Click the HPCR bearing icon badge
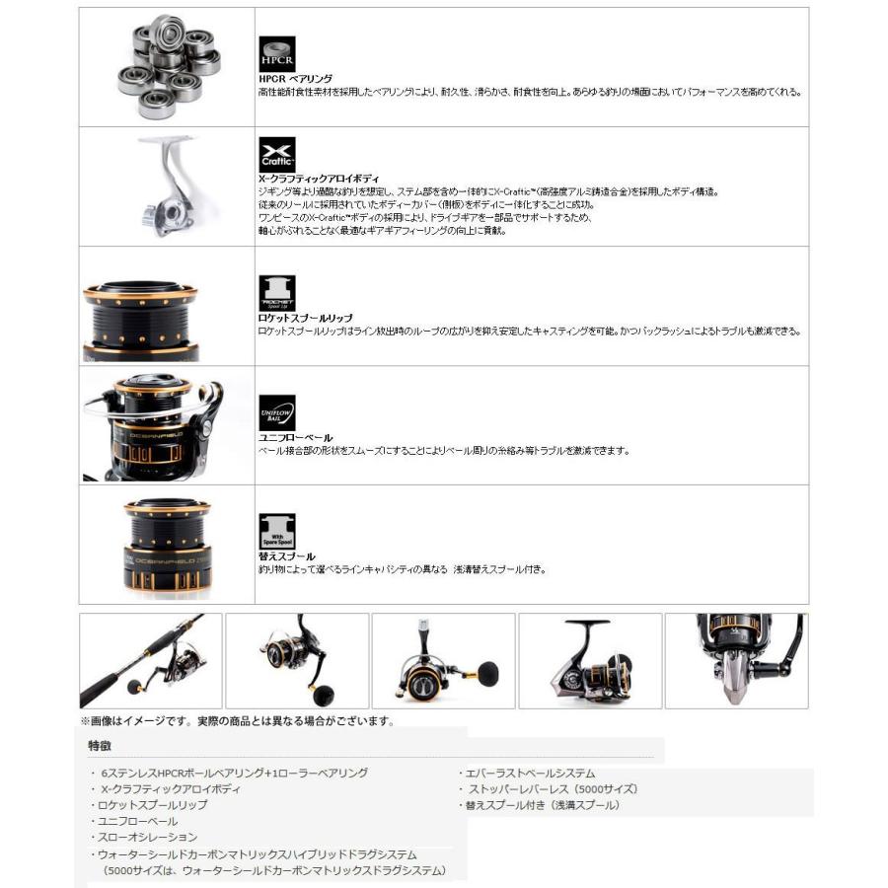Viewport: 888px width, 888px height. tap(277, 51)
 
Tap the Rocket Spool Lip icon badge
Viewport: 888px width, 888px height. tap(277, 293)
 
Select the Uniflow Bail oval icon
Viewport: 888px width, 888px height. tap(277, 412)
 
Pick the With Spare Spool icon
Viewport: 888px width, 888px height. tap(277, 532)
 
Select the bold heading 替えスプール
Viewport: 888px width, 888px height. tap(286, 556)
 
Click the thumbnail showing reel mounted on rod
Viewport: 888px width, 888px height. tap(150, 660)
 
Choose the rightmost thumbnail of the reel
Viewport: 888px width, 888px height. tap(736, 660)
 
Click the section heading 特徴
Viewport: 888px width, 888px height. tap(100, 745)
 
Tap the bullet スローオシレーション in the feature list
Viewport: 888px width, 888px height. tap(149, 837)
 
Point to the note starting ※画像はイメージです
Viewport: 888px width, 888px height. tap(237, 720)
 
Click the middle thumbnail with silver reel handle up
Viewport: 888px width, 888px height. tap(443, 660)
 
